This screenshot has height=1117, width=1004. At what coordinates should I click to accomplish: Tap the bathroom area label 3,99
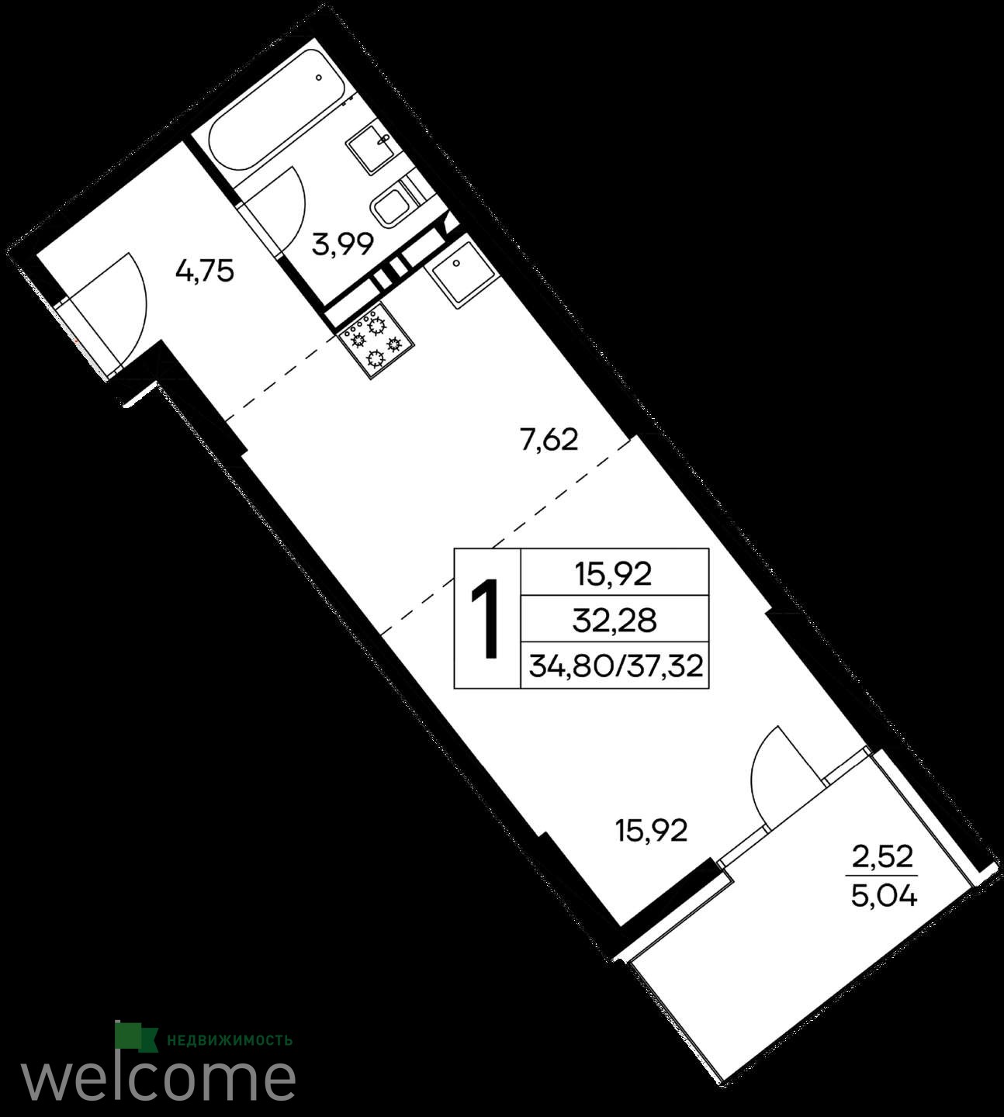343,244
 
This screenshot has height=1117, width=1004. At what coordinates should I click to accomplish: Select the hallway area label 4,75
204,272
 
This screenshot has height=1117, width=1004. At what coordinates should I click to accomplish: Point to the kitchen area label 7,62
549,440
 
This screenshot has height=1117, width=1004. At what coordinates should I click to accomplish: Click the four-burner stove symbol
376,342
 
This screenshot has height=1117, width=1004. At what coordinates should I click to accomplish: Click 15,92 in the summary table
614,575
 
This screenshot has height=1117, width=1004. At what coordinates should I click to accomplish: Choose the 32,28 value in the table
615,621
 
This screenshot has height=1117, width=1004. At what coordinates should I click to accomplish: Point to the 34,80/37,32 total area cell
615,667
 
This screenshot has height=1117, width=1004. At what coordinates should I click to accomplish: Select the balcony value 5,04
884,897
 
